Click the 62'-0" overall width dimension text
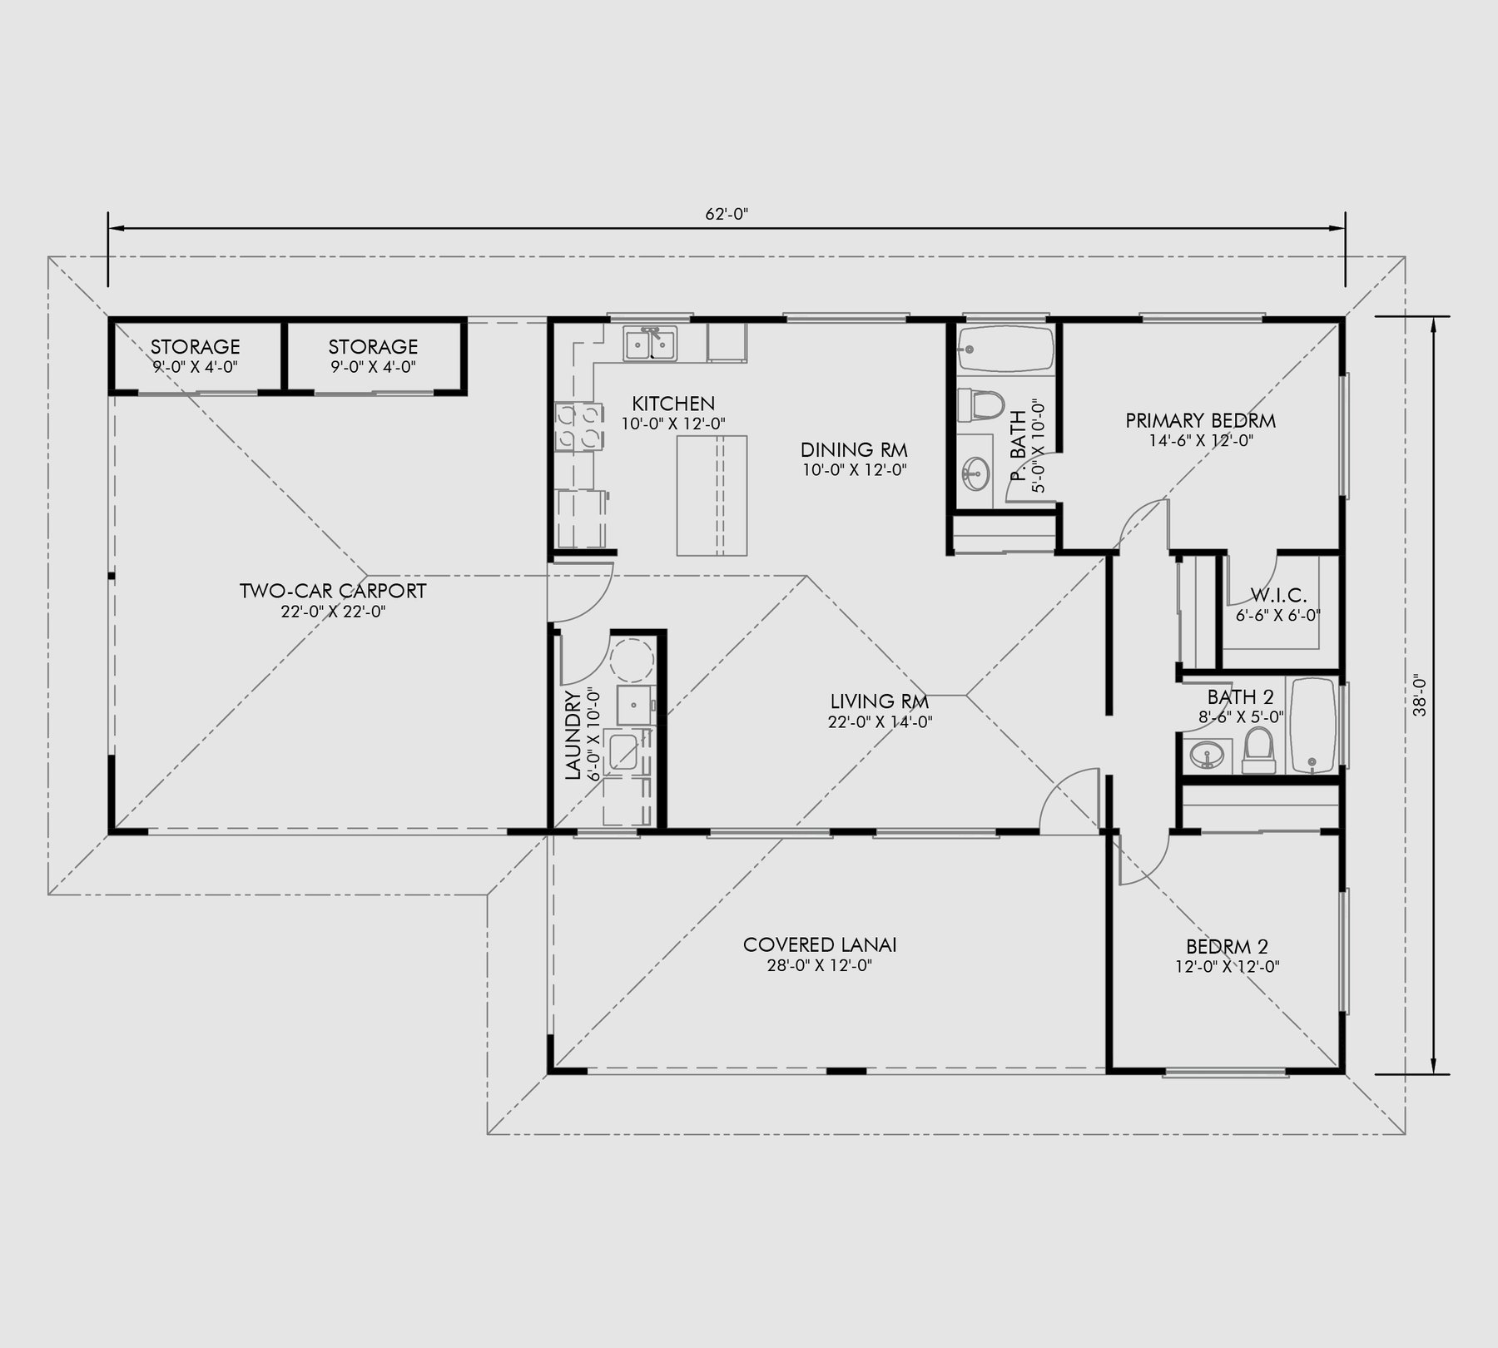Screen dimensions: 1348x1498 (727, 214)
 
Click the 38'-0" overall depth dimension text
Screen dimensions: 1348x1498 (1420, 695)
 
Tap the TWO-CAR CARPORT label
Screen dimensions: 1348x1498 (333, 592)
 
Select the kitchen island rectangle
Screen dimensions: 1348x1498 (712, 495)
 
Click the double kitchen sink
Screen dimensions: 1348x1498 (651, 343)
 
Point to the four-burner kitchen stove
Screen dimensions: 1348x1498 (578, 425)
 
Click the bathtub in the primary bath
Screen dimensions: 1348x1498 (1005, 349)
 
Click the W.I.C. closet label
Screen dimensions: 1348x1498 (1278, 596)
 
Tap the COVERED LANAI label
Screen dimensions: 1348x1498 (820, 945)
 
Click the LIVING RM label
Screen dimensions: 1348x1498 (879, 701)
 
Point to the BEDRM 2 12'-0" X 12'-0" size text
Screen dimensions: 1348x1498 (1227, 967)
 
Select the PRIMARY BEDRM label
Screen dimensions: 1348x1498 (1200, 421)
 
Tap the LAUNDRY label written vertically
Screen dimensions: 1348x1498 (573, 735)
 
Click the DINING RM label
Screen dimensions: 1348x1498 (854, 450)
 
